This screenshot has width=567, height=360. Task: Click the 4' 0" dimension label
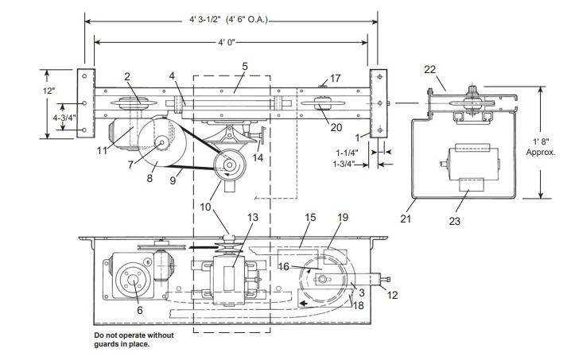(226, 42)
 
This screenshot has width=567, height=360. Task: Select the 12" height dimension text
(49, 91)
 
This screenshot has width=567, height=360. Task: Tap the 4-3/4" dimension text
(64, 118)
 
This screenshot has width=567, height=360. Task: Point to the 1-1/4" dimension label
(347, 153)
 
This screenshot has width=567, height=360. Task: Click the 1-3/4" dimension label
(344, 164)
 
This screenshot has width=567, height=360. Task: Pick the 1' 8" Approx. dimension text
(541, 147)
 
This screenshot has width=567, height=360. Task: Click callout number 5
(245, 67)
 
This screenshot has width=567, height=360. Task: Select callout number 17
(335, 78)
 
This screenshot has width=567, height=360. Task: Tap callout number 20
(336, 127)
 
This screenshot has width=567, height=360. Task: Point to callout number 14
(258, 157)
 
